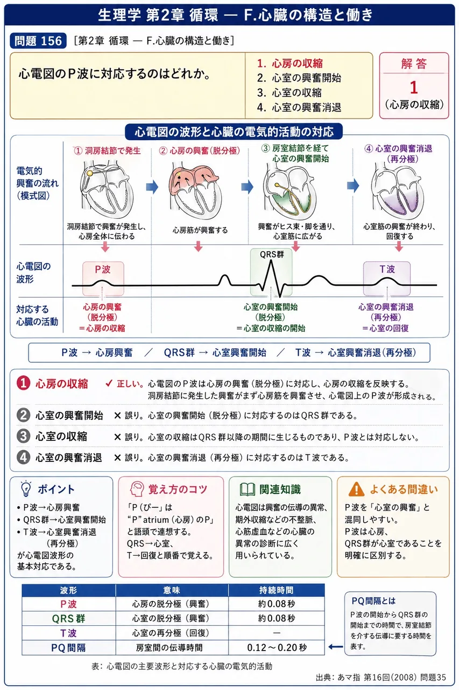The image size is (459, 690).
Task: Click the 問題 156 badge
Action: click(38, 40)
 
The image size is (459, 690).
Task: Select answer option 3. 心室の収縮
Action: click(289, 92)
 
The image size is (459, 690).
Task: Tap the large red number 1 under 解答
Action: click(414, 87)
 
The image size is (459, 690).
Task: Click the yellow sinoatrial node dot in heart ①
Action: click(89, 174)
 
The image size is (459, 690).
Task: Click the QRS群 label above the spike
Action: click(272, 254)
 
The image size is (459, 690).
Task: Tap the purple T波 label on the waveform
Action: click(387, 269)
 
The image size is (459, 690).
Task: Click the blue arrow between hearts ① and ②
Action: click(152, 187)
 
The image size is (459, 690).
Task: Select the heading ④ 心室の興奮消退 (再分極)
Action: click(399, 154)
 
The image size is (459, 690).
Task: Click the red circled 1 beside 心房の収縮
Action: click(23, 383)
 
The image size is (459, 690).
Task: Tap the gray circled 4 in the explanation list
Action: click(23, 458)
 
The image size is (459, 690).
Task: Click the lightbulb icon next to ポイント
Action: click(26, 488)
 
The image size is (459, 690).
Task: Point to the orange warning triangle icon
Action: click(356, 489)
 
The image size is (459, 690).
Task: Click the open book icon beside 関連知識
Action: click(248, 489)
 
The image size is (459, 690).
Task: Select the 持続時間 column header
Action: click(276, 590)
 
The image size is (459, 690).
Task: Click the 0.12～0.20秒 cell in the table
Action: click(277, 647)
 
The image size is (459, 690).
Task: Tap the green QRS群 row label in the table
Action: click(68, 618)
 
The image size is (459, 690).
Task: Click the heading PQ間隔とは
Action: click(373, 601)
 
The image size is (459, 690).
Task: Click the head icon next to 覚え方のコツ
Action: click(137, 489)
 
